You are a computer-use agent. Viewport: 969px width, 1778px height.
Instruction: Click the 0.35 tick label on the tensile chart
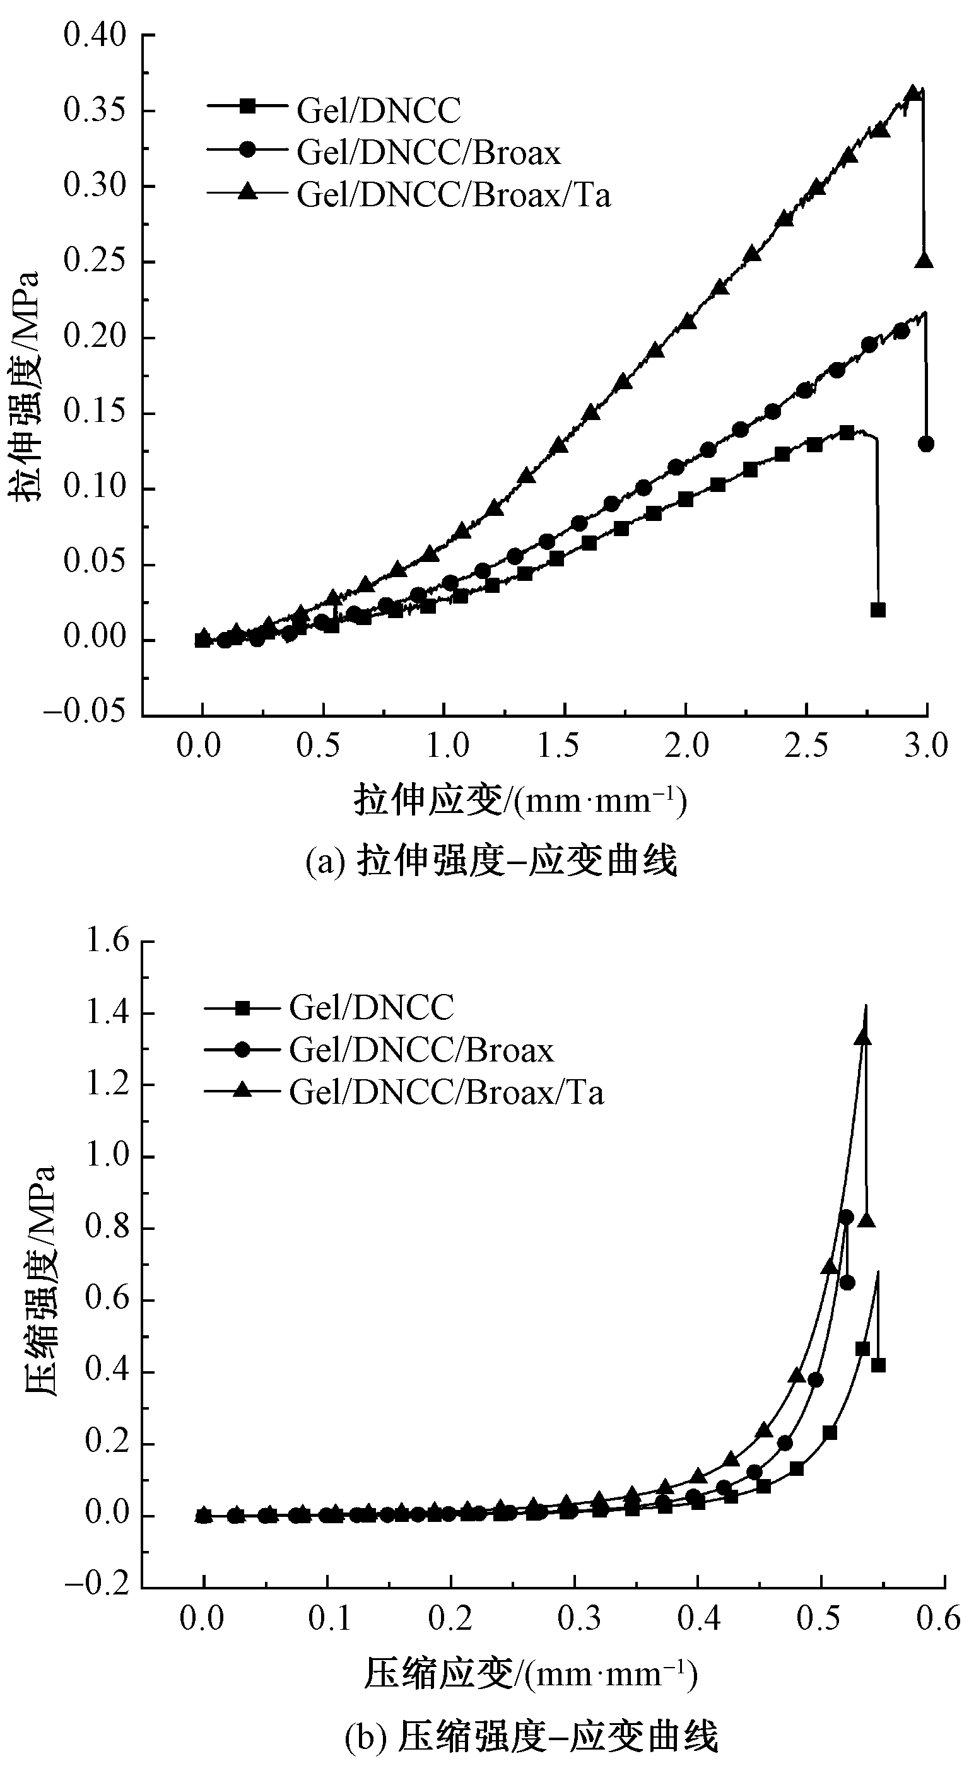tap(95, 110)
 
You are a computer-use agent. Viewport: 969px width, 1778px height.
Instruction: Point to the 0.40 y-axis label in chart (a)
tap(95, 35)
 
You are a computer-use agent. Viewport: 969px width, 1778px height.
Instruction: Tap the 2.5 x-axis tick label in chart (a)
tap(806, 746)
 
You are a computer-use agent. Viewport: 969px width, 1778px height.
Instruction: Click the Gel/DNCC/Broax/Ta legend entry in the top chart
tap(454, 196)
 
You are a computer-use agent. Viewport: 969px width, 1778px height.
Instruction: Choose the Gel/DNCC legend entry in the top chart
tap(379, 110)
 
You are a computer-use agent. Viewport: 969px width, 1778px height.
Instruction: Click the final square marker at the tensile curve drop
tap(878, 610)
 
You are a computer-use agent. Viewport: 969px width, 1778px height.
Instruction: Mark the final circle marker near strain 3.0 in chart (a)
tap(926, 444)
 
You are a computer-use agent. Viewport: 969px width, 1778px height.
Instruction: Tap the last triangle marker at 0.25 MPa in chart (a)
tap(924, 261)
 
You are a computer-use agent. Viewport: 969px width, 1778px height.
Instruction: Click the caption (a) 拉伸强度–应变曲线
tap(491, 862)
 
